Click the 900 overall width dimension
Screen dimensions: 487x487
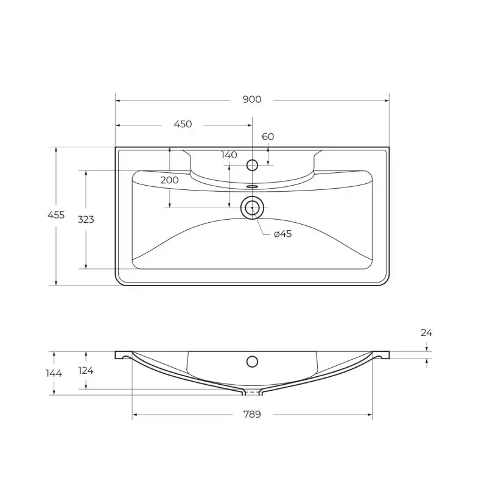252,99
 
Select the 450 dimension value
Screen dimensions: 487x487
183,124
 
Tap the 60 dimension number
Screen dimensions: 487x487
268,136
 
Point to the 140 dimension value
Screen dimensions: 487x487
229,155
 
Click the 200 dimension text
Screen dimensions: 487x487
170,180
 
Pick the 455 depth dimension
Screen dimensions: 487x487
56,215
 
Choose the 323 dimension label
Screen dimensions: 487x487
86,220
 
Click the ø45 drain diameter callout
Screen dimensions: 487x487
283,234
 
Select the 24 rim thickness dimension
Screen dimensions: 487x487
427,333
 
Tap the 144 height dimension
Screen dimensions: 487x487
54,373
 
